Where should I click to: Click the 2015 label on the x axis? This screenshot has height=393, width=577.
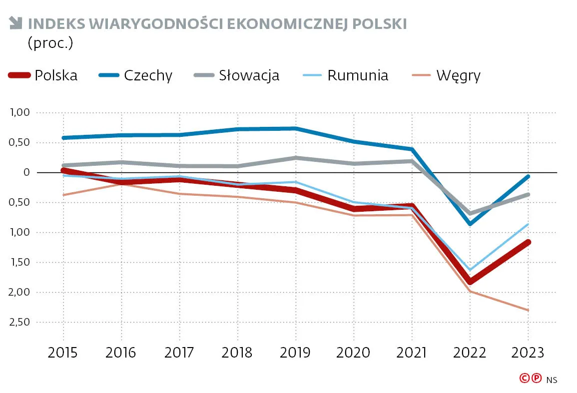[63, 353]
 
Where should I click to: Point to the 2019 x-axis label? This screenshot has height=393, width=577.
[295, 353]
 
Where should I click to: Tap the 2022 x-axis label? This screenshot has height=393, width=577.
[470, 353]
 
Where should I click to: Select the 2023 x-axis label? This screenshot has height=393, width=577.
[528, 353]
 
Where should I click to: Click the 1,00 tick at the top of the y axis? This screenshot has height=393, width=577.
[20, 113]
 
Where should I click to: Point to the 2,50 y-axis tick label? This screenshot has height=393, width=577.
[20, 323]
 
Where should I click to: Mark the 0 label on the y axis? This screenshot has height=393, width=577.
[27, 173]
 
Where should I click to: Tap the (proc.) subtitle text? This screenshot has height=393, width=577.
[50, 43]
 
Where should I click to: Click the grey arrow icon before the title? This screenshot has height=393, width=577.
[15, 22]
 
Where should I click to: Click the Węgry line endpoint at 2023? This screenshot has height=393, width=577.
[528, 310]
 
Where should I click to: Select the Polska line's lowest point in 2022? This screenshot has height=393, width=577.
[470, 282]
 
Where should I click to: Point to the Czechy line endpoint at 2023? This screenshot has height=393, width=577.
[528, 176]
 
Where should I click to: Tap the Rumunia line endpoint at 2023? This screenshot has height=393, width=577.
[528, 224]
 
